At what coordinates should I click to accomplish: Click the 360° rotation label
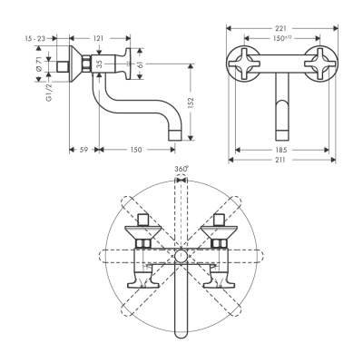[181, 170]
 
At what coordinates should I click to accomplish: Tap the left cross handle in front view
[246, 54]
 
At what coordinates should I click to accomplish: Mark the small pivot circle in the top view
[181, 257]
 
